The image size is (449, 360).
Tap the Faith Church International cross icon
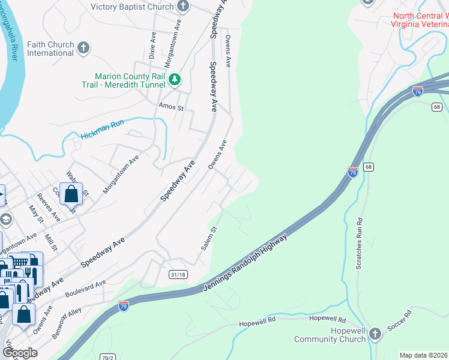point(84,48)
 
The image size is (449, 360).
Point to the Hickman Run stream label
point(102,129)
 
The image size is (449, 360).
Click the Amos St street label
point(170,107)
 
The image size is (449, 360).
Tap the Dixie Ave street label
point(152,45)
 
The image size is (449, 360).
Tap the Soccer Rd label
point(399,318)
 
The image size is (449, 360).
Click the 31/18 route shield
point(178,274)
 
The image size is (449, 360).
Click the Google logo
point(19,352)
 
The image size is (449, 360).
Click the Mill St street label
point(52,242)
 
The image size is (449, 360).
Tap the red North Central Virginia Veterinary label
point(420,20)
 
